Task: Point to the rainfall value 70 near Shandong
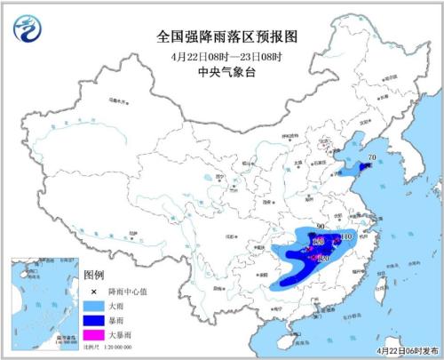[x=372, y=157]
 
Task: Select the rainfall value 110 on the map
[x=347, y=237]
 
